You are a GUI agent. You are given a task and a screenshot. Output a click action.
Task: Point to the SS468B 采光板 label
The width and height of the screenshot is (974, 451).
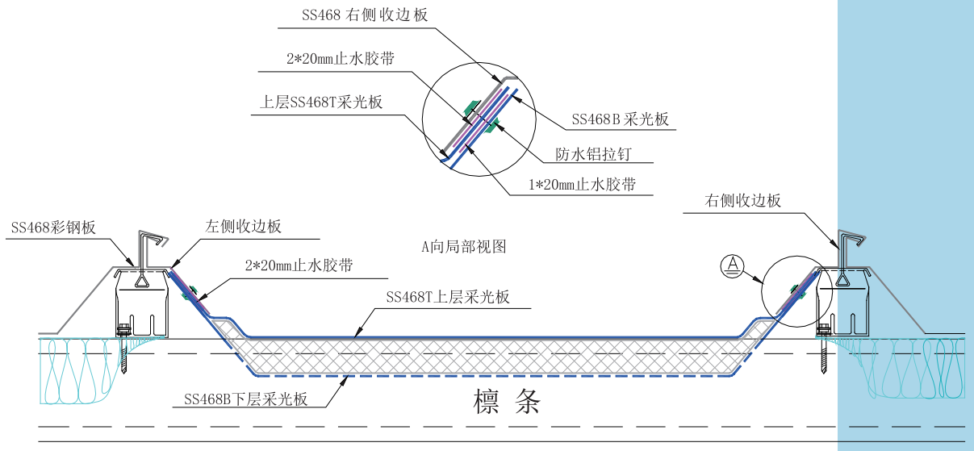pyautogui.click(x=621, y=119)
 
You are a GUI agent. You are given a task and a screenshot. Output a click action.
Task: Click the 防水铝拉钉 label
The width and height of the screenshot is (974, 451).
pyautogui.click(x=594, y=153)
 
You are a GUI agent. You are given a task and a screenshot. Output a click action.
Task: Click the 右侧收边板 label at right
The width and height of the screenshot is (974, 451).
pyautogui.click(x=743, y=201)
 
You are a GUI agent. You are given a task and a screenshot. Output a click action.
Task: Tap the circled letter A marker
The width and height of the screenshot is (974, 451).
pyautogui.click(x=731, y=264)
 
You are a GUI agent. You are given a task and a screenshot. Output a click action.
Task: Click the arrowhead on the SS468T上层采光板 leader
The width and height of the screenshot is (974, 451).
pyautogui.click(x=357, y=333)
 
